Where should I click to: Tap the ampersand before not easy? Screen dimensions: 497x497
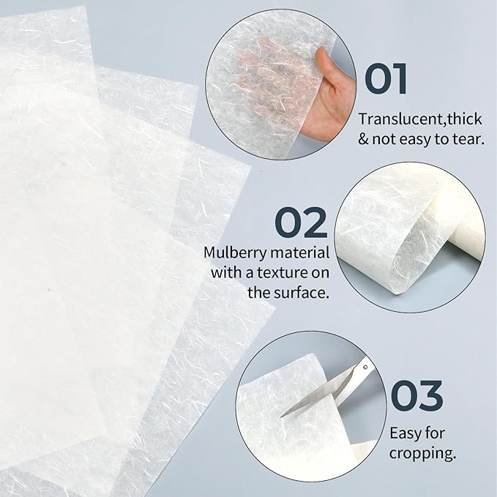click(x=364, y=138)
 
